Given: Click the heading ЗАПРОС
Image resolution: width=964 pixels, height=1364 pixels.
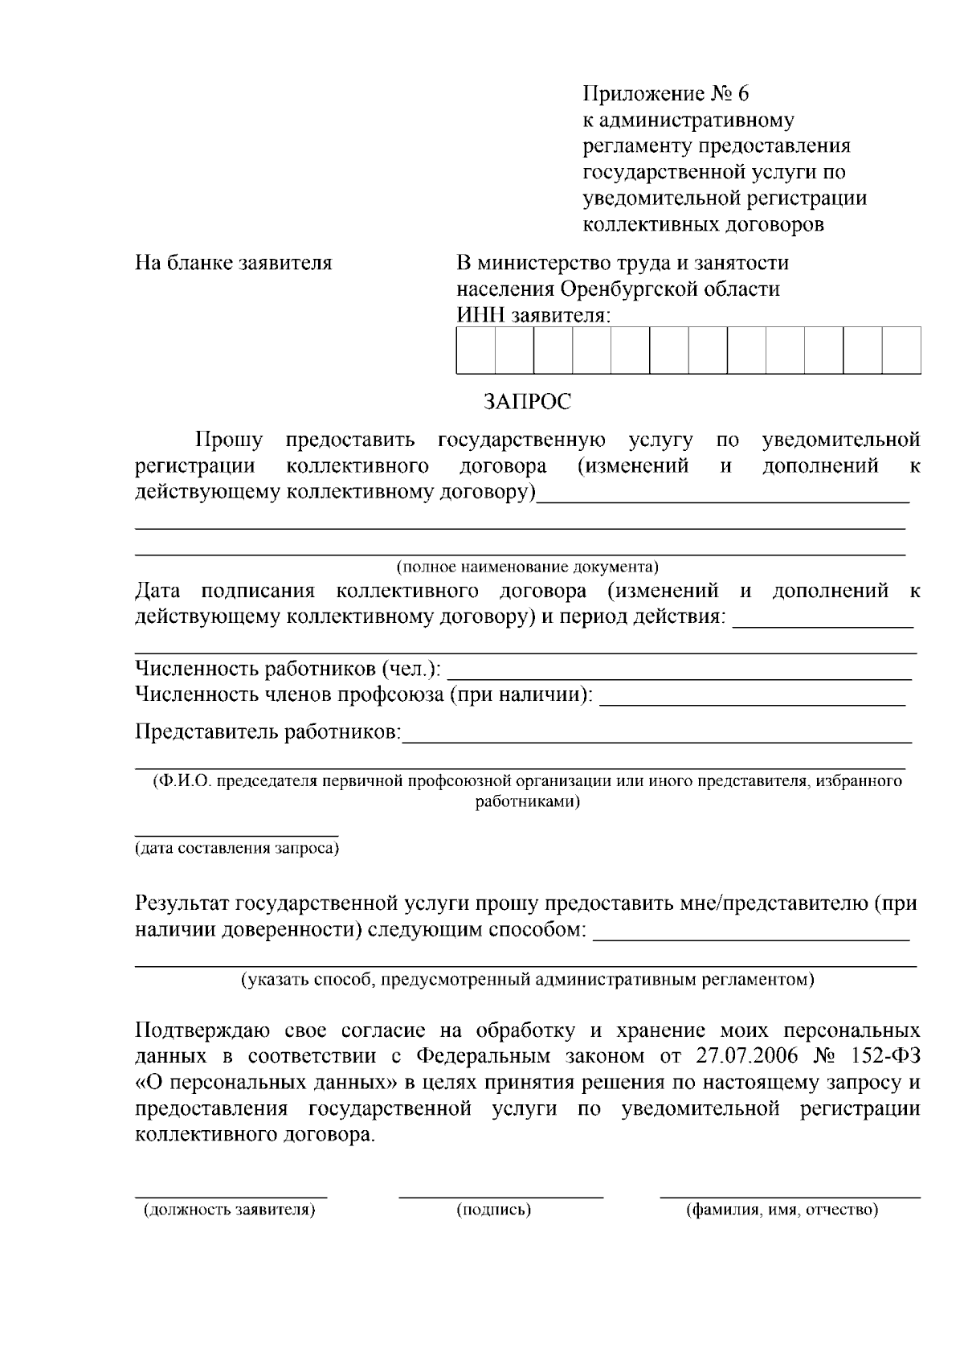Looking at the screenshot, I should click(x=527, y=401).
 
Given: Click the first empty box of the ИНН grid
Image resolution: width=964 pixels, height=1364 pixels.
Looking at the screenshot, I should click(x=476, y=350).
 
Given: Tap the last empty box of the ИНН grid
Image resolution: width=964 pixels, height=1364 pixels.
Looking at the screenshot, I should click(x=901, y=350).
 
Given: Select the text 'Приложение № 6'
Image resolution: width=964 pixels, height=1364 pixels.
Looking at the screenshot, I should click(x=665, y=94).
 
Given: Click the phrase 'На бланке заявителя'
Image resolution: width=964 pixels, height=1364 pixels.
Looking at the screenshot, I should click(x=233, y=263).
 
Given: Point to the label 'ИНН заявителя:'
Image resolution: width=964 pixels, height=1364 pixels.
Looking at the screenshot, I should click(x=533, y=315).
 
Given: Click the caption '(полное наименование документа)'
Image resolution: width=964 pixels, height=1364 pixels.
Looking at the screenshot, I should click(x=527, y=567).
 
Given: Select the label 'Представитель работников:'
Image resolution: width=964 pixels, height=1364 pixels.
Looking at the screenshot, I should click(x=268, y=732).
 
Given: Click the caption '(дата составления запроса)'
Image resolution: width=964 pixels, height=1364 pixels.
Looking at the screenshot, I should click(x=236, y=848).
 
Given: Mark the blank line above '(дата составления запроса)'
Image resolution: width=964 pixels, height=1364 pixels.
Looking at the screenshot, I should click(x=236, y=834).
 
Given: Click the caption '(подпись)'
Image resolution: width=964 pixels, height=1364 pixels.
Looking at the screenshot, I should click(x=494, y=1210).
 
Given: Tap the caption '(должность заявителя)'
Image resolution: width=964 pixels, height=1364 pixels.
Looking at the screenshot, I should click(x=229, y=1210).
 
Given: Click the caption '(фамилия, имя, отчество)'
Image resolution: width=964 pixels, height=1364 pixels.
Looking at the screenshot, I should click(x=782, y=1210).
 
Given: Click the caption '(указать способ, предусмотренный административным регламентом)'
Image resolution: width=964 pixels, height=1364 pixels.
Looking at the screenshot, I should click(x=527, y=980).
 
